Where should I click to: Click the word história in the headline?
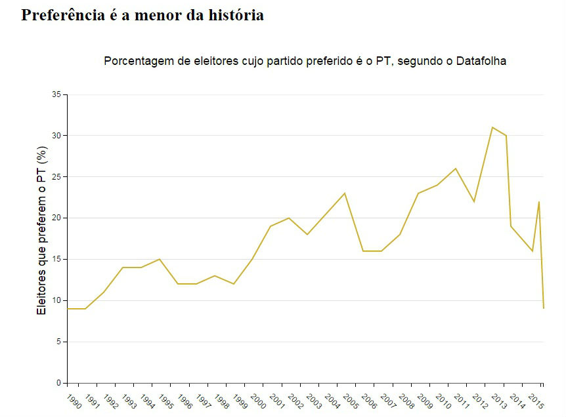234,15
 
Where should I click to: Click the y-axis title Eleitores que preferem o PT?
42,231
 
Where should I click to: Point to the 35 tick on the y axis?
56,94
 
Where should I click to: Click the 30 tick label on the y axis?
56,136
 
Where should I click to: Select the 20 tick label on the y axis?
56,218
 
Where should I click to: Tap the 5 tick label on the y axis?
58,342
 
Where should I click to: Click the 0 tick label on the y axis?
58,383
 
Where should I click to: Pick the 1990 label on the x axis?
74,401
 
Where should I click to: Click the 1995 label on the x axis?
166,401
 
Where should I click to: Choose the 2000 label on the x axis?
258,401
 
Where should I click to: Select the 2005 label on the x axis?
351,401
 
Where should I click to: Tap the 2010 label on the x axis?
443,401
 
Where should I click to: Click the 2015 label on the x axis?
535,401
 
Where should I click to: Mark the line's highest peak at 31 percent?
492,127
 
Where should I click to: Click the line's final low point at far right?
544,308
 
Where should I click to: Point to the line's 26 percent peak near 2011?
456,169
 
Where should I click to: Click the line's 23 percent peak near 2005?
345,193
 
